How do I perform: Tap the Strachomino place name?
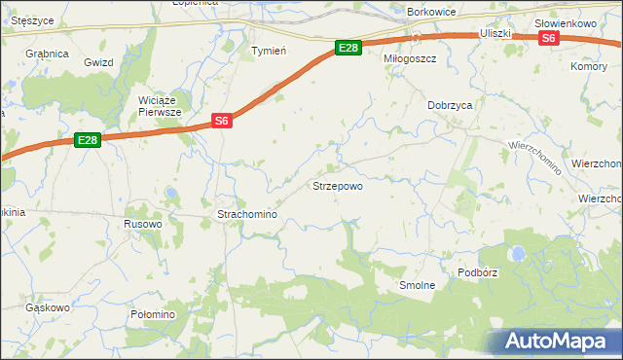(247, 214)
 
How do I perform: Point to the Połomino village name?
(152, 314)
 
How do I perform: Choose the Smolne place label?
(417, 286)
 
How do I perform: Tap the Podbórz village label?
(476, 272)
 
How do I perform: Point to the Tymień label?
(268, 52)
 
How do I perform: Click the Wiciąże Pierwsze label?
(162, 106)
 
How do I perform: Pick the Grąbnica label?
(47, 54)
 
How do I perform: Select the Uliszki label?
(495, 33)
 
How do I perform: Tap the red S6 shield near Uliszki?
(549, 38)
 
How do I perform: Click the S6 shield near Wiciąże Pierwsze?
(222, 121)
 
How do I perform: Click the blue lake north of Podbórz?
(519, 254)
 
